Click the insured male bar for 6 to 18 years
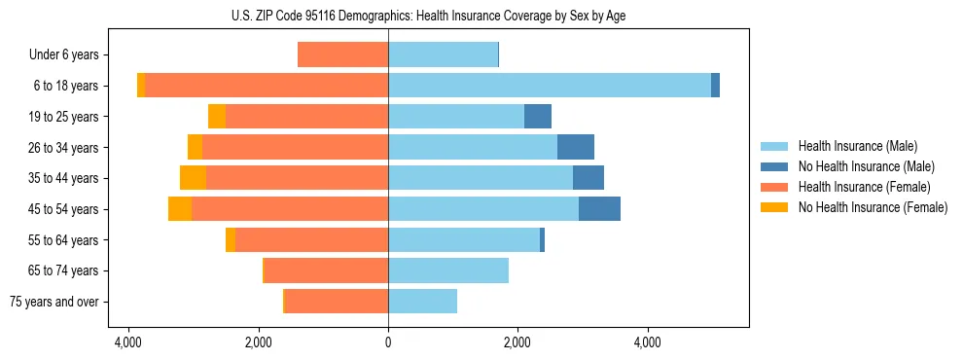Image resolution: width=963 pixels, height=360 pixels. coord(550,86)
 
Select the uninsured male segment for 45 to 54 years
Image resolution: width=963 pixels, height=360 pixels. coord(599,209)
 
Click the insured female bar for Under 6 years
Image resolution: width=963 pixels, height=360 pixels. coord(342,55)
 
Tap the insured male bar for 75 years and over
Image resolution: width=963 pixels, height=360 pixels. coord(422,302)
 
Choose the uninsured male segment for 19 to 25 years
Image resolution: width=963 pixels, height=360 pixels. coord(538,117)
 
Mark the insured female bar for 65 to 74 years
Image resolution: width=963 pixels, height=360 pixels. coord(326,270)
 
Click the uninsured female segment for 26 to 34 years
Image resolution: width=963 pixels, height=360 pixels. coord(195,148)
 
